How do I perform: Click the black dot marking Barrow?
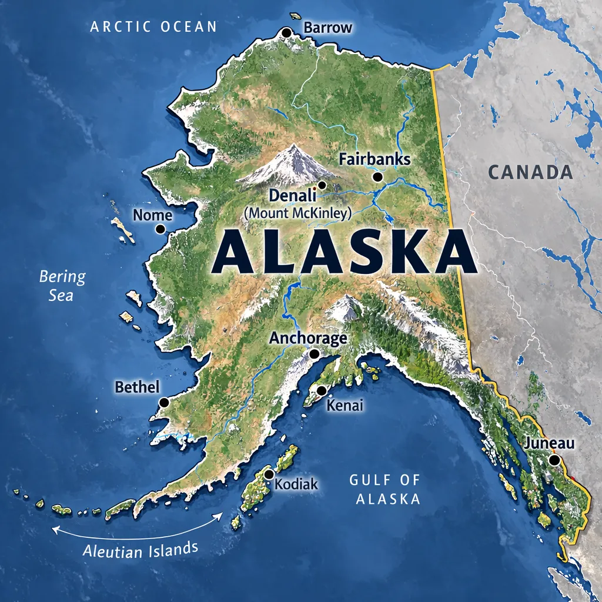point(286,32)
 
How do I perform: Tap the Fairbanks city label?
point(374,159)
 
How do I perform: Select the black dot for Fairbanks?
point(377,176)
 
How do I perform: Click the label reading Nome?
point(152,215)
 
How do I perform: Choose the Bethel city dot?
point(164,403)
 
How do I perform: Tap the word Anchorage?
point(308,338)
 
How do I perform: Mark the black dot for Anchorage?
point(315,354)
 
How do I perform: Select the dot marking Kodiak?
point(269,474)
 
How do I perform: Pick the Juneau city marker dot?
point(553,460)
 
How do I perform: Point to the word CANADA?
point(530,172)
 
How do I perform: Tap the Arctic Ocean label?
point(153,26)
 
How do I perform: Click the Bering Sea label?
point(62,285)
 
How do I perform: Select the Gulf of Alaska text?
point(385,489)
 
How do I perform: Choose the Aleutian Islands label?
point(140,549)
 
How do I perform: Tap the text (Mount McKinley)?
point(297,213)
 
